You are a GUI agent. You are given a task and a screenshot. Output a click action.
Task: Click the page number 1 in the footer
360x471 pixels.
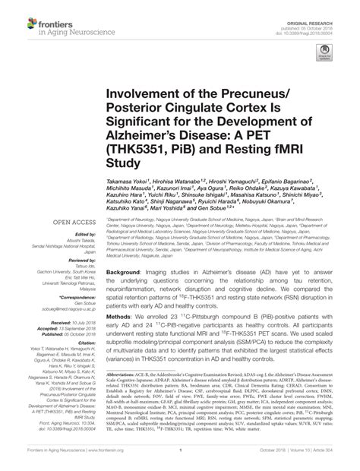tap(180, 460)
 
